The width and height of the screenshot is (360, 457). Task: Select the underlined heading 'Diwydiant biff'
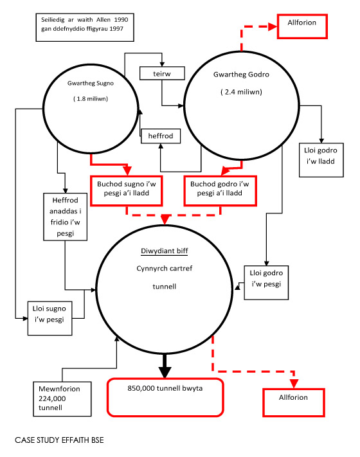165,251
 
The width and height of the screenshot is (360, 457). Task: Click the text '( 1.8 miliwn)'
91,99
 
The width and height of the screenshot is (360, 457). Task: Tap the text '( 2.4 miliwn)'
241,92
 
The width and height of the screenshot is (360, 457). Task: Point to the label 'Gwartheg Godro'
241,75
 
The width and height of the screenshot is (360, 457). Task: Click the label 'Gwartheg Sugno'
91,83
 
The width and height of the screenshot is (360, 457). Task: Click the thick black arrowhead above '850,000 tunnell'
165,372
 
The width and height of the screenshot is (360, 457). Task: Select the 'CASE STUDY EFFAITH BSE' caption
59,440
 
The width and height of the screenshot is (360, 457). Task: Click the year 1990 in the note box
121,20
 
